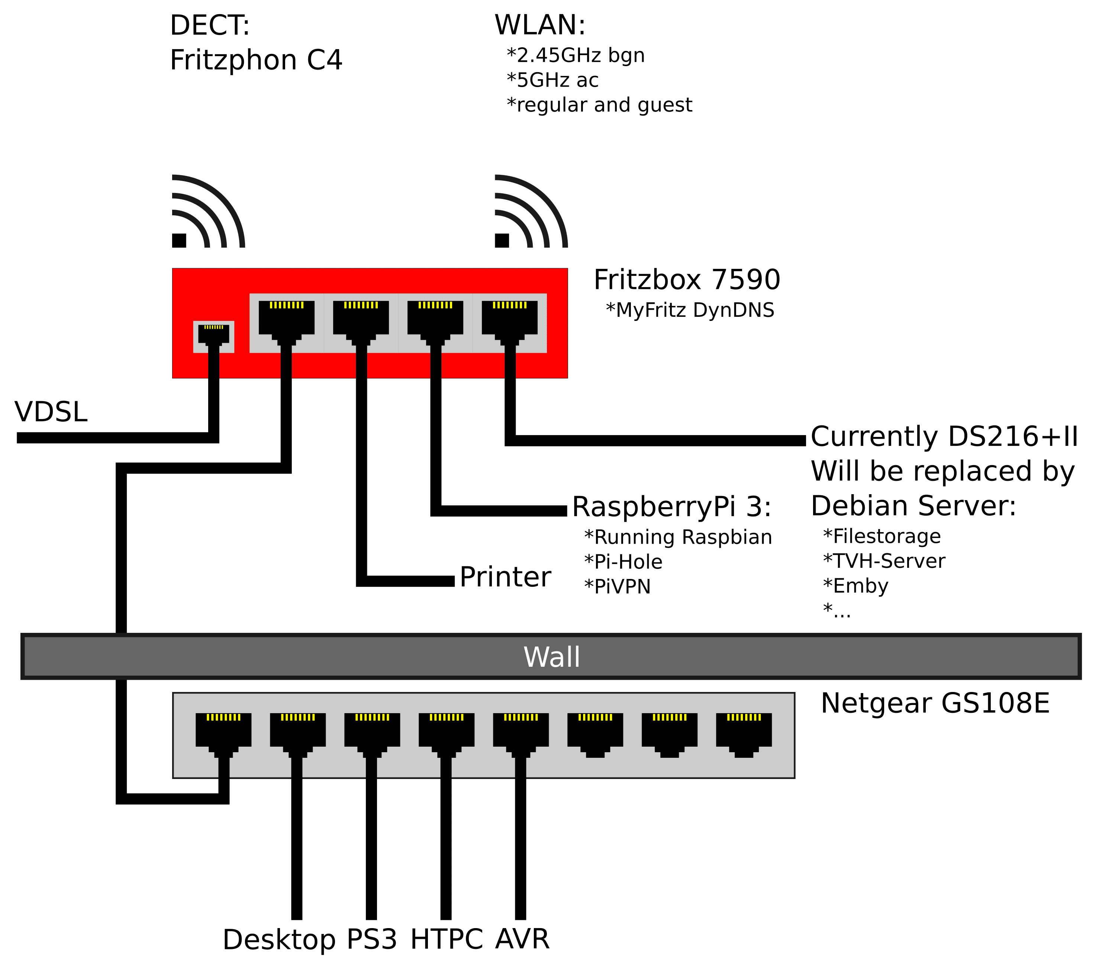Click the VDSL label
(51, 412)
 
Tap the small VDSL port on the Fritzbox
(213, 336)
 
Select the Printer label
(505, 577)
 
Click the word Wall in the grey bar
(552, 657)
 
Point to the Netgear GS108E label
(935, 703)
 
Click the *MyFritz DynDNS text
(690, 310)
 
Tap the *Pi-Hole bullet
(623, 562)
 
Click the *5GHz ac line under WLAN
(552, 80)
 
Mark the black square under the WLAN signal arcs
(502, 241)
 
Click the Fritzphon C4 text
(256, 60)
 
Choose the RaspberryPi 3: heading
(672, 507)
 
